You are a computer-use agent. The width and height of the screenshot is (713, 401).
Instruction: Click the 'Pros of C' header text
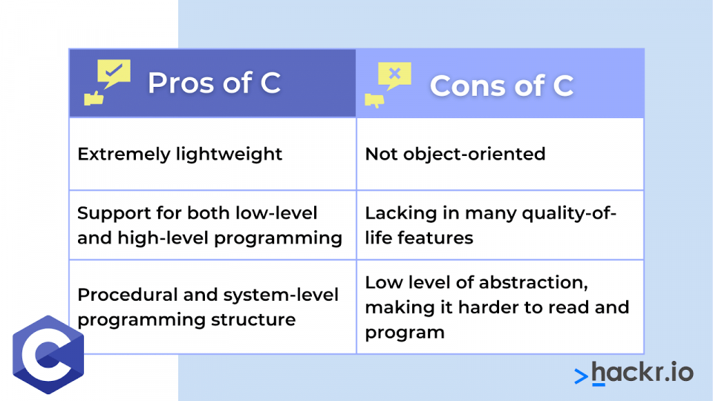pyautogui.click(x=214, y=82)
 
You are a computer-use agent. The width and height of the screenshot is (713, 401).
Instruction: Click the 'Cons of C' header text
pyautogui.click(x=501, y=85)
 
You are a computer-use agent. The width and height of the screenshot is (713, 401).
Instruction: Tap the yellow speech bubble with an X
pyautogui.click(x=394, y=76)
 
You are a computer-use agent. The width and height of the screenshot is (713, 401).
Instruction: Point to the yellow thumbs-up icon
pyautogui.click(x=94, y=98)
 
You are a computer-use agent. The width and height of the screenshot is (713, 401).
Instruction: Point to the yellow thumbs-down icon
pyautogui.click(x=374, y=100)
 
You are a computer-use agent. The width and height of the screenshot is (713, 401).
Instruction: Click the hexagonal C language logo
pyautogui.click(x=48, y=355)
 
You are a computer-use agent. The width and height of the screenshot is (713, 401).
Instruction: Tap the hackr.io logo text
pyautogui.click(x=642, y=373)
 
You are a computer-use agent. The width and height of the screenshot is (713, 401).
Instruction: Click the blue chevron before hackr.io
pyautogui.click(x=581, y=376)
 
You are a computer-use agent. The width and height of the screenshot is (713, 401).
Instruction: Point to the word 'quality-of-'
pyautogui.click(x=569, y=213)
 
